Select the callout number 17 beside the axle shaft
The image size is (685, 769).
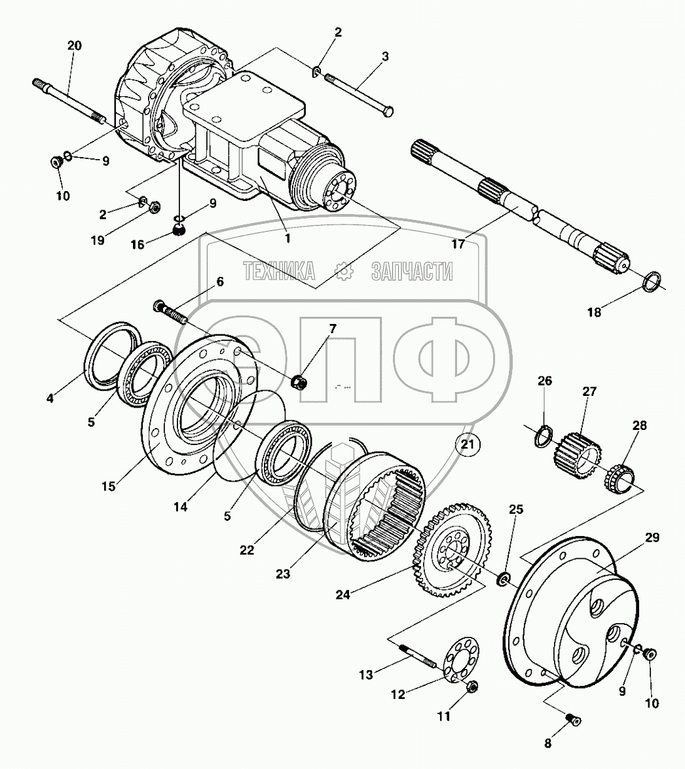click(x=458, y=244)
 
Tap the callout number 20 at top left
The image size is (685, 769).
click(x=74, y=46)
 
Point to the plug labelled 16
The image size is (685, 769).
click(x=178, y=229)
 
